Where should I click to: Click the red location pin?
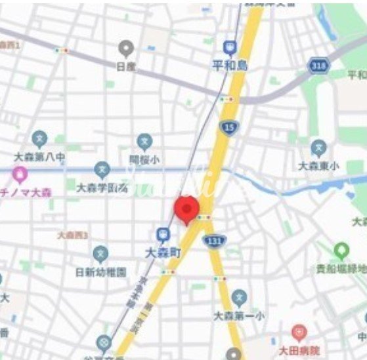point(186,209)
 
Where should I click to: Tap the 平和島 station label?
point(229,66)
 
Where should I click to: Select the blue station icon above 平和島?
point(229,48)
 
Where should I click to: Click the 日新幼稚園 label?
point(100,271)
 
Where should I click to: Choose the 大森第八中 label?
point(39,157)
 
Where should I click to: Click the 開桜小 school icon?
point(144,141)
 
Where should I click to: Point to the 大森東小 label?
point(318,166)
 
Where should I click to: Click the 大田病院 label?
point(299,350)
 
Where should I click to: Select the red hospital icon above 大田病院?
point(299,332)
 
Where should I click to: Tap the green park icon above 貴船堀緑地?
point(341,250)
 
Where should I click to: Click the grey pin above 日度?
point(125,48)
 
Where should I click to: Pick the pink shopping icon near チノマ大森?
point(20,174)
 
